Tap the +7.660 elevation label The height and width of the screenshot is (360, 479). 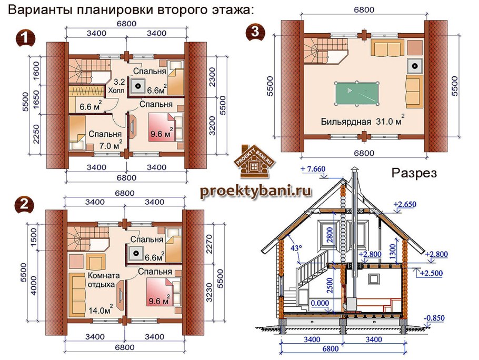[315, 169]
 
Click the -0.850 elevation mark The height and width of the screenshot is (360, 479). [435, 318]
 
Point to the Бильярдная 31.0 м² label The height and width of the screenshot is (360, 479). [363, 122]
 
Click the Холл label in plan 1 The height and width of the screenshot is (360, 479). [116, 90]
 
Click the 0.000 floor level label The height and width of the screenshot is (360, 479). [319, 303]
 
